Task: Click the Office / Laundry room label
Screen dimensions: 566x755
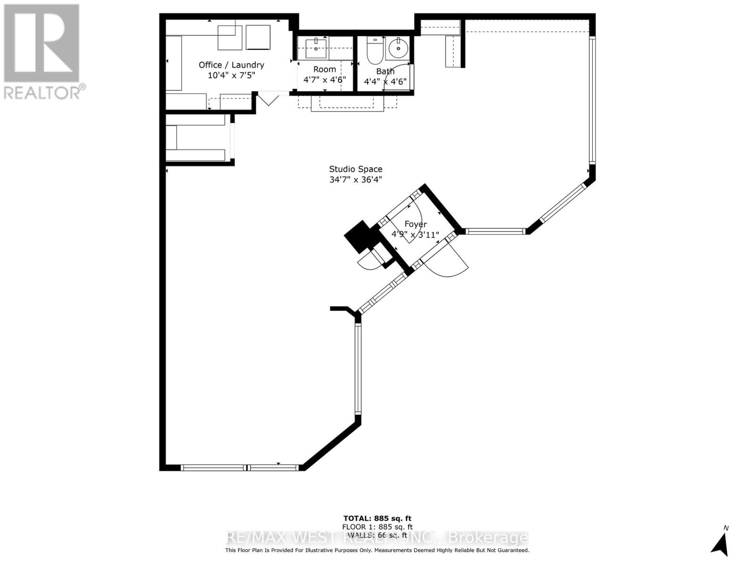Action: (x=231, y=65)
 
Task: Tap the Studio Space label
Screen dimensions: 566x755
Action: (x=355, y=169)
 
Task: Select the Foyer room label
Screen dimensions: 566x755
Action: (x=415, y=225)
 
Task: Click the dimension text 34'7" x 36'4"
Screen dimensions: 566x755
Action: (x=355, y=180)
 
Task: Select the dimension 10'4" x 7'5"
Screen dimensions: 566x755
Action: (x=231, y=75)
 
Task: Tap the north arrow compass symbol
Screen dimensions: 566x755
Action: (x=720, y=545)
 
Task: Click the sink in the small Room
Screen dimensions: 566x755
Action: (x=316, y=48)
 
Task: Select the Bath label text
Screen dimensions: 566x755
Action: (x=385, y=71)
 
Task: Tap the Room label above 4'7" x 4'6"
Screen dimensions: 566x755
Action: (x=325, y=69)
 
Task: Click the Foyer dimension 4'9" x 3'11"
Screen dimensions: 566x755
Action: (x=415, y=234)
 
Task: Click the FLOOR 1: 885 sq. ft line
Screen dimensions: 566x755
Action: (x=377, y=527)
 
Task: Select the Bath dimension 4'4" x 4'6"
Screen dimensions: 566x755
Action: (x=385, y=81)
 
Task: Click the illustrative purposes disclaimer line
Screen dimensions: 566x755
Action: (x=377, y=550)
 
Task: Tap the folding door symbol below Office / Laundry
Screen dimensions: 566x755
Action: (x=268, y=100)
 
